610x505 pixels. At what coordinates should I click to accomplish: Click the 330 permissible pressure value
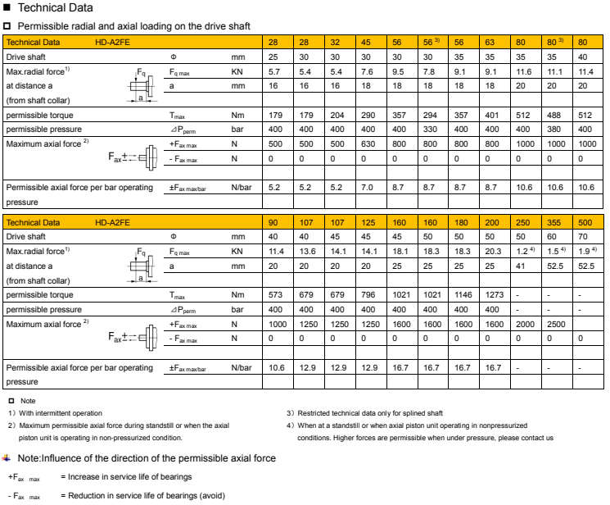click(427, 130)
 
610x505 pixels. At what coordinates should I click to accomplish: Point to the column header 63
click(490, 41)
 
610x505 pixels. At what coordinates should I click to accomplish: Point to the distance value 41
click(521, 266)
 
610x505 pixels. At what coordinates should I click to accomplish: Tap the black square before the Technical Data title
click(7, 7)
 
